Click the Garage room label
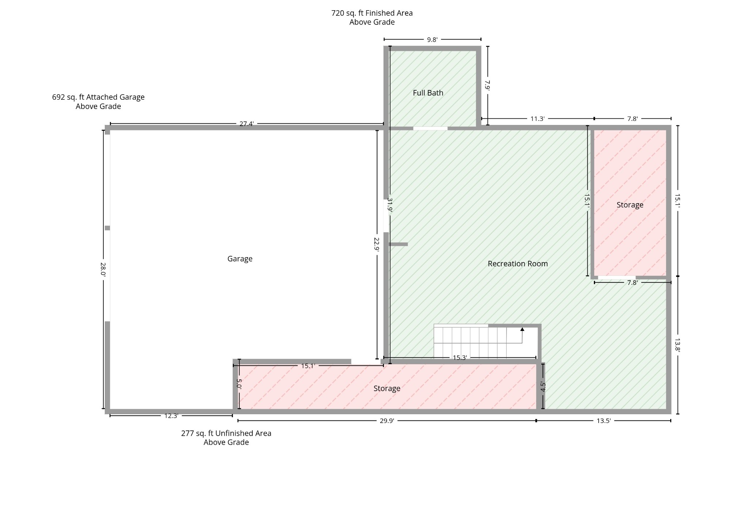click(x=240, y=259)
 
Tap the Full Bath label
click(x=428, y=93)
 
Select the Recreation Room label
click(x=518, y=264)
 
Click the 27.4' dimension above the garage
click(x=247, y=124)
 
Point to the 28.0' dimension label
click(x=103, y=269)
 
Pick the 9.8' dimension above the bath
click(x=432, y=40)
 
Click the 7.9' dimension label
click(x=487, y=85)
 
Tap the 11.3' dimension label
click(x=537, y=119)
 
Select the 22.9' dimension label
click(x=377, y=244)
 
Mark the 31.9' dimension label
click(x=390, y=205)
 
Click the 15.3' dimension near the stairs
click(x=460, y=358)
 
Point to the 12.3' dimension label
click(x=171, y=416)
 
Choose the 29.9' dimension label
click(x=387, y=421)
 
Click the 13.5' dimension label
click(x=603, y=421)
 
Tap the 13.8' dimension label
click(x=677, y=345)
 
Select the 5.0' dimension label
click(x=239, y=384)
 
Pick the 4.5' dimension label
click(x=543, y=387)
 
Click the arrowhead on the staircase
click(x=522, y=329)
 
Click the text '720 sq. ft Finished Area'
click(x=372, y=13)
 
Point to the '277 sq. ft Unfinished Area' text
click(x=226, y=433)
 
